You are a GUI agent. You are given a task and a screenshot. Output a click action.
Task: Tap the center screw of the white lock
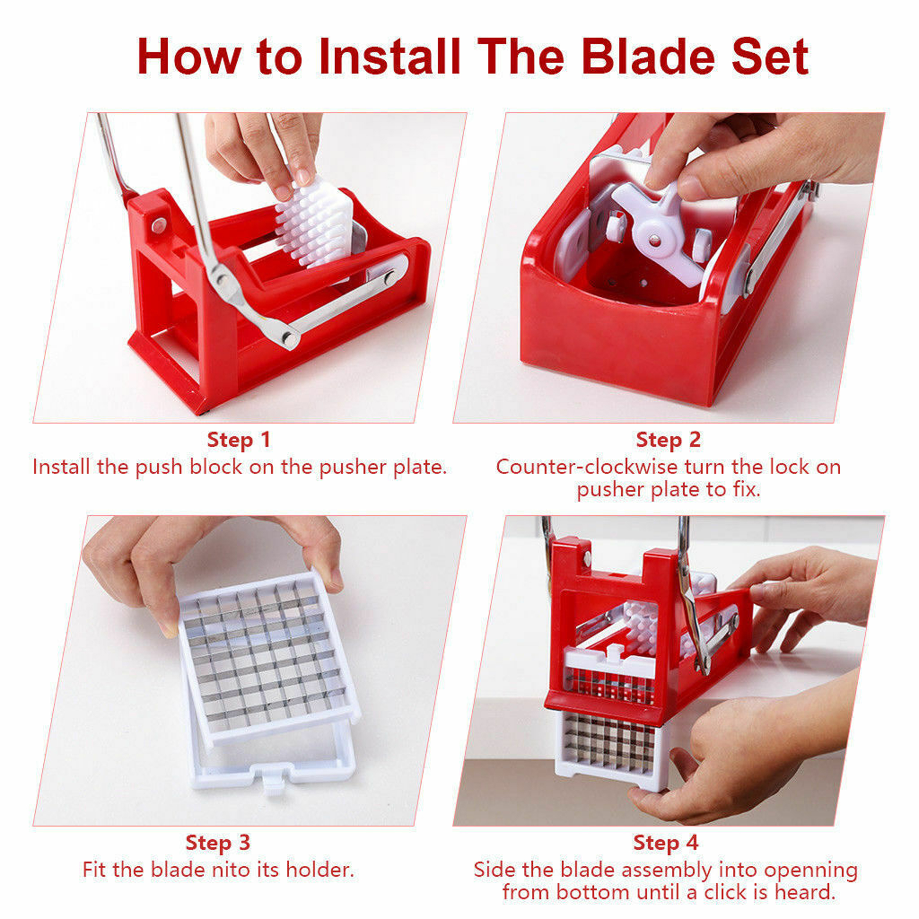[655, 241]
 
